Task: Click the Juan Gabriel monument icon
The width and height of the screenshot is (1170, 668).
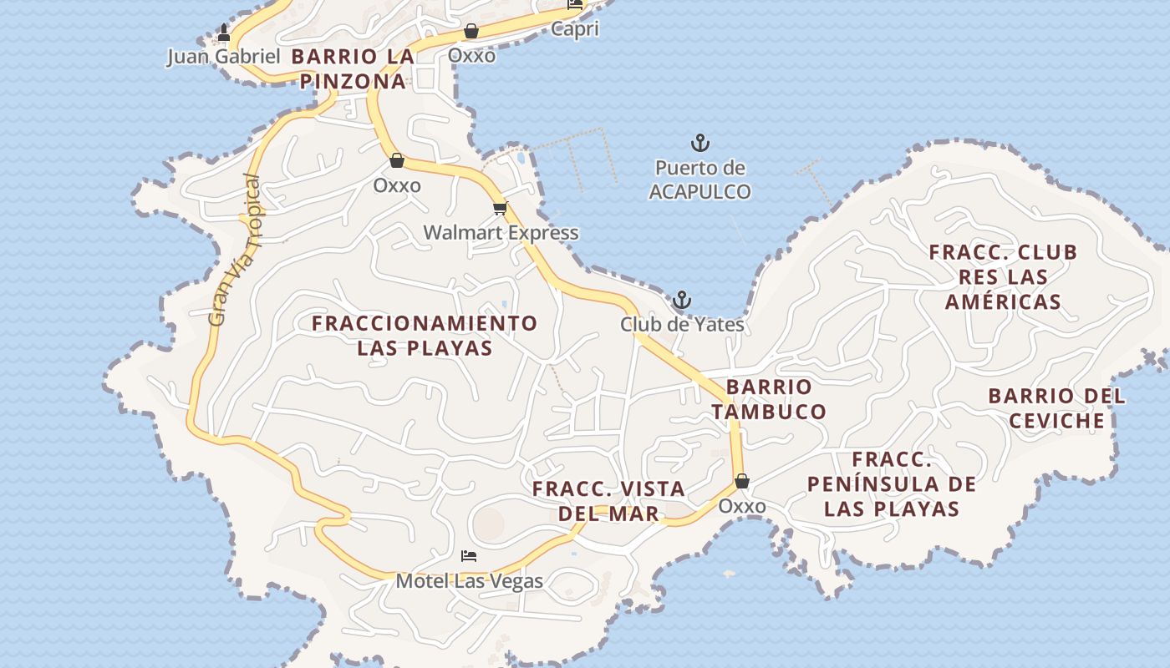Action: coord(223,33)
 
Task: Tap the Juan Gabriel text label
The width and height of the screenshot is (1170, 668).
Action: coord(223,57)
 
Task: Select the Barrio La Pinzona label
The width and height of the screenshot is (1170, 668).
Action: coord(353,69)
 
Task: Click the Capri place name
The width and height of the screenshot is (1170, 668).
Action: coord(574,29)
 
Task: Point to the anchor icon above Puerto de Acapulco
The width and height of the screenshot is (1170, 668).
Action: coord(699,143)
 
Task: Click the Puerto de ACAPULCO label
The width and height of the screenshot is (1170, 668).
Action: coord(699,180)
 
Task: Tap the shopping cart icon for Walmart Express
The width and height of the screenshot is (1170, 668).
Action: coord(500,209)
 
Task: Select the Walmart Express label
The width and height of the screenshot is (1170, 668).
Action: coord(500,233)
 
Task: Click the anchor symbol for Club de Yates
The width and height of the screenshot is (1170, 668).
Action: coord(682,300)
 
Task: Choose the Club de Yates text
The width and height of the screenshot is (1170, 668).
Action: coord(682,324)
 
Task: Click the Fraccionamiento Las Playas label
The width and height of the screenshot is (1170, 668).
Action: coord(425,336)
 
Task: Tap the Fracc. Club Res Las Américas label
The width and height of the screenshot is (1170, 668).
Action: coord(1003,276)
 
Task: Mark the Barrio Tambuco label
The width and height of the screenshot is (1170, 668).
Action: coord(769,399)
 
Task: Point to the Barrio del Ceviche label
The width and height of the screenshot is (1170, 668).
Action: coord(1056,408)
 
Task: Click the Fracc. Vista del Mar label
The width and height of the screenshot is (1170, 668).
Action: coord(608,501)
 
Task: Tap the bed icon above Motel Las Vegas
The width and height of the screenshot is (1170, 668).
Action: coord(469,556)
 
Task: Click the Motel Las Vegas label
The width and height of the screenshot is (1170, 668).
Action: coord(469,581)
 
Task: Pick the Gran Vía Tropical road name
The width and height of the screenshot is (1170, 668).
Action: coord(235,250)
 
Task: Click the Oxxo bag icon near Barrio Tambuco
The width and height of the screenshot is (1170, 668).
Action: coord(741,482)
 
